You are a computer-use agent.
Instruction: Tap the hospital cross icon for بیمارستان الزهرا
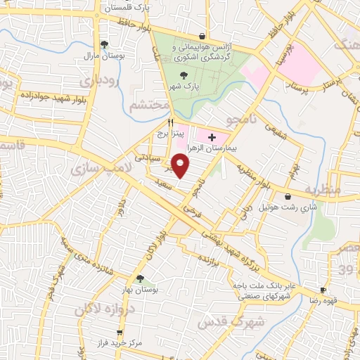pos(212,136)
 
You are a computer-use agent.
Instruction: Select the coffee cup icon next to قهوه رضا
pos(323,290)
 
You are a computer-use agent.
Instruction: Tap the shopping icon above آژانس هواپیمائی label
pos(202,36)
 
